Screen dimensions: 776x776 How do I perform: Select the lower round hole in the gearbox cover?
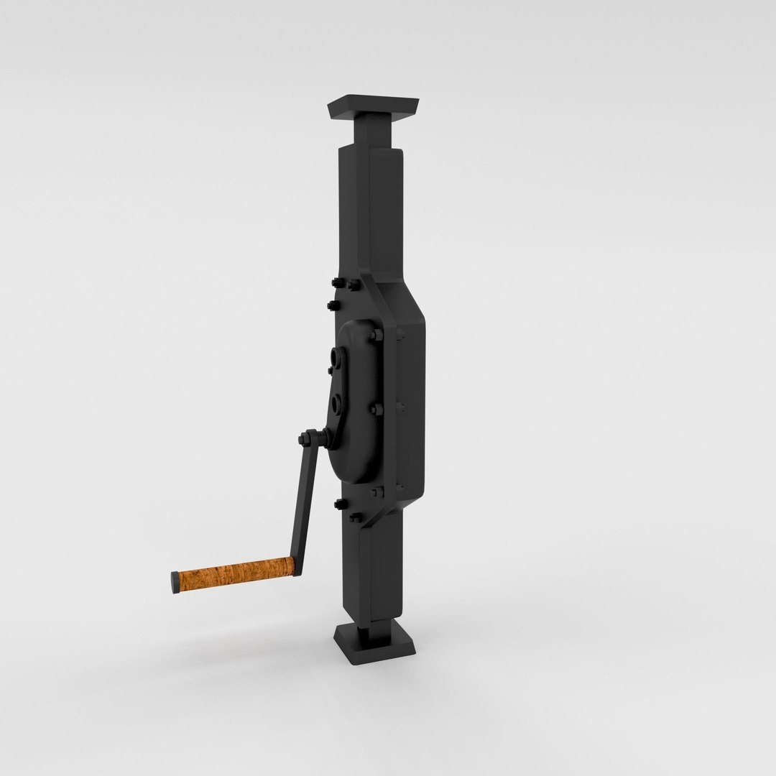click(x=336, y=403)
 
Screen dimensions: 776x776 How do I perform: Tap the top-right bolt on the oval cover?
click(x=377, y=335)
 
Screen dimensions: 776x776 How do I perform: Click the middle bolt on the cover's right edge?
click(x=376, y=409)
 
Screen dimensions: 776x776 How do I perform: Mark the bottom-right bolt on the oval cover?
click(x=376, y=494)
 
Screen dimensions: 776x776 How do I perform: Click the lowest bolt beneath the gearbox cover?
click(x=354, y=518)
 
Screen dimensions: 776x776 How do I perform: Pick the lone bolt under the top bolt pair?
click(x=331, y=305)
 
